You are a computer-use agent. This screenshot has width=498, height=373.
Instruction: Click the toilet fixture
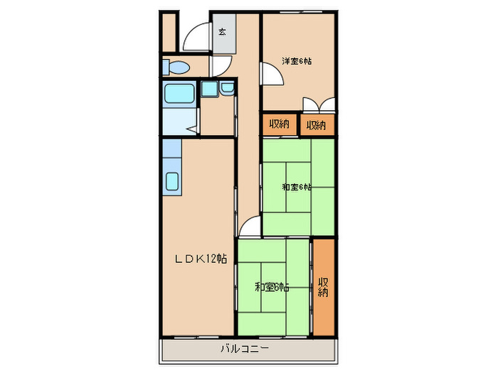176,67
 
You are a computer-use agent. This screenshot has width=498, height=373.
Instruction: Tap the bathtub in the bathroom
179,94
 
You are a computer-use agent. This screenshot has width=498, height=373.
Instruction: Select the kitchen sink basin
172,181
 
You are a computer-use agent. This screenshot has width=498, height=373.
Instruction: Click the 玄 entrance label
222,32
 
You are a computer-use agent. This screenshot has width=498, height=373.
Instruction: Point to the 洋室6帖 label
297,61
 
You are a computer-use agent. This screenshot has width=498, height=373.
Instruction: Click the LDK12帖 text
201,259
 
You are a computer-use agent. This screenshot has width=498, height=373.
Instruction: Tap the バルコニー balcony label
245,349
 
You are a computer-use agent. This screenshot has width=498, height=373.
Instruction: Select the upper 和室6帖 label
297,187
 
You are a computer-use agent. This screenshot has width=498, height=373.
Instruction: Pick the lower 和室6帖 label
272,287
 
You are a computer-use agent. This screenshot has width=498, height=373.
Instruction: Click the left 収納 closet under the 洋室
280,124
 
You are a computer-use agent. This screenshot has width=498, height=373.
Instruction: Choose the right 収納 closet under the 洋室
317,125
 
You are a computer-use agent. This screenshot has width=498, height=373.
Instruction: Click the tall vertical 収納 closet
324,287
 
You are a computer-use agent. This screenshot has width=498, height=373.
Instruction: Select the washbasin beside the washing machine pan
227,88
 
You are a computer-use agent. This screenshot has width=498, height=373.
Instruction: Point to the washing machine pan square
209,89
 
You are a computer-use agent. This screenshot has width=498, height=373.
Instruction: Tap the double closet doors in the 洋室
319,104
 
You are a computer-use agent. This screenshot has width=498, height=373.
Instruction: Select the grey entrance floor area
224,33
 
